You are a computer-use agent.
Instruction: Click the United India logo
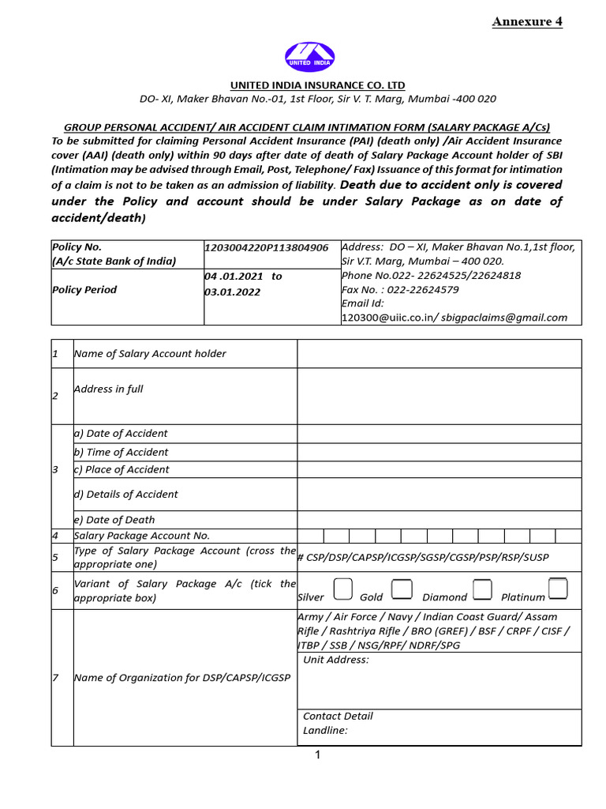309,57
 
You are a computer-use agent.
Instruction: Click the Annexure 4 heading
527,21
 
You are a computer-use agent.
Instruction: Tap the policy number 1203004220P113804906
266,247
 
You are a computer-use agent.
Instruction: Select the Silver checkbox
343,589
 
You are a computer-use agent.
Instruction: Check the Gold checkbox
402,589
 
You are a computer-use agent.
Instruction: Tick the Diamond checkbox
483,589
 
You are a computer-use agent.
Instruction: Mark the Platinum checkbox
558,589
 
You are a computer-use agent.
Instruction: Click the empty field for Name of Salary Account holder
439,354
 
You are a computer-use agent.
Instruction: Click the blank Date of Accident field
439,434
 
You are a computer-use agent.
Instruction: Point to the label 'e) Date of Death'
114,520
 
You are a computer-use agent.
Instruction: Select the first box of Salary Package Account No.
310,536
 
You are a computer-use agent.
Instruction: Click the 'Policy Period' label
84,290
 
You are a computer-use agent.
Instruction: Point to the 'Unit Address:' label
336,660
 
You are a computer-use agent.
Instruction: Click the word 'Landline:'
325,731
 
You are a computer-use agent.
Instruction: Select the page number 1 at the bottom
317,756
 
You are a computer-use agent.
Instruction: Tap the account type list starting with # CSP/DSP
422,558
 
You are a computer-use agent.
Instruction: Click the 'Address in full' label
108,389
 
